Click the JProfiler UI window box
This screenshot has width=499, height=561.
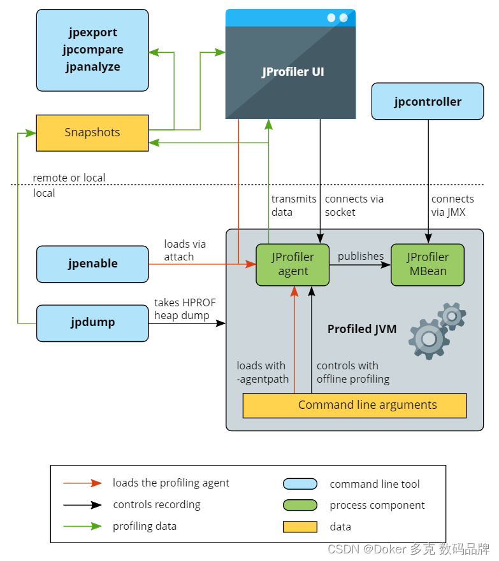pyautogui.click(x=290, y=71)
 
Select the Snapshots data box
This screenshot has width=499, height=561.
pyautogui.click(x=92, y=132)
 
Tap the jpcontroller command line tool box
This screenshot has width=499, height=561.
pyautogui.click(x=428, y=101)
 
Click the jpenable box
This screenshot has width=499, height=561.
pyautogui.click(x=92, y=264)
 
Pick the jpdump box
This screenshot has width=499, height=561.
pyautogui.click(x=92, y=322)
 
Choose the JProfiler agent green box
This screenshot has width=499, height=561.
pyautogui.click(x=293, y=264)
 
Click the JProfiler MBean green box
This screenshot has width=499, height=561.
pyautogui.click(x=427, y=264)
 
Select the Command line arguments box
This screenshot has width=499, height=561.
pyautogui.click(x=354, y=405)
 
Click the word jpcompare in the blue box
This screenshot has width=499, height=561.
pyautogui.click(x=93, y=50)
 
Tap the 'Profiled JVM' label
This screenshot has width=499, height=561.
pyautogui.click(x=361, y=329)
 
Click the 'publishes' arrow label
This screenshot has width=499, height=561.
pyautogui.click(x=360, y=256)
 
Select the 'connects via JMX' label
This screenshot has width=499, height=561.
pyautogui.click(x=452, y=205)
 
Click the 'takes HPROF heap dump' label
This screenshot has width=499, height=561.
pyautogui.click(x=185, y=309)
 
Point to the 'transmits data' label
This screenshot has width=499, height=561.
pyautogui.click(x=293, y=205)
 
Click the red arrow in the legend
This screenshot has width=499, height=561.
pyautogui.click(x=82, y=483)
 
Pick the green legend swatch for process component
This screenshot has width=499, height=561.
pyautogui.click(x=300, y=505)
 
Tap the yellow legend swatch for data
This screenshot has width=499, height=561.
pyautogui.click(x=300, y=527)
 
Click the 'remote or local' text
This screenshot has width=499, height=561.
pyautogui.click(x=69, y=178)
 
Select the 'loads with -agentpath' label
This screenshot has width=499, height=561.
pyautogui.click(x=262, y=373)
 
